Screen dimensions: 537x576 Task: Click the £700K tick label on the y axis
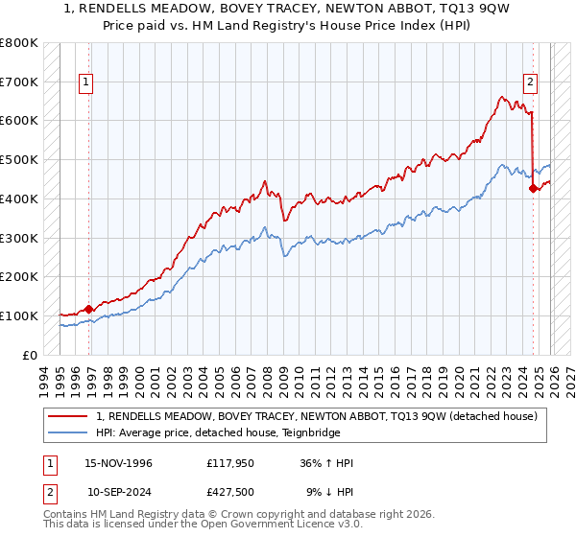(x=19, y=82)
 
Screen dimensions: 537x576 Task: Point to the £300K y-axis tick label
(x=19, y=238)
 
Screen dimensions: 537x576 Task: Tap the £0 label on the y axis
(x=29, y=355)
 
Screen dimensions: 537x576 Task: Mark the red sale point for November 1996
(x=89, y=309)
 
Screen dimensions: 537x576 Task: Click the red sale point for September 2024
(x=533, y=189)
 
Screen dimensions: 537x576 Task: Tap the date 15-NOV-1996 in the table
(x=119, y=464)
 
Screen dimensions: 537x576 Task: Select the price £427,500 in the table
(x=230, y=492)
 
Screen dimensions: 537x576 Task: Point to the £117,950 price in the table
(x=230, y=464)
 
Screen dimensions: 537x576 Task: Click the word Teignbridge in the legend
(x=310, y=432)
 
